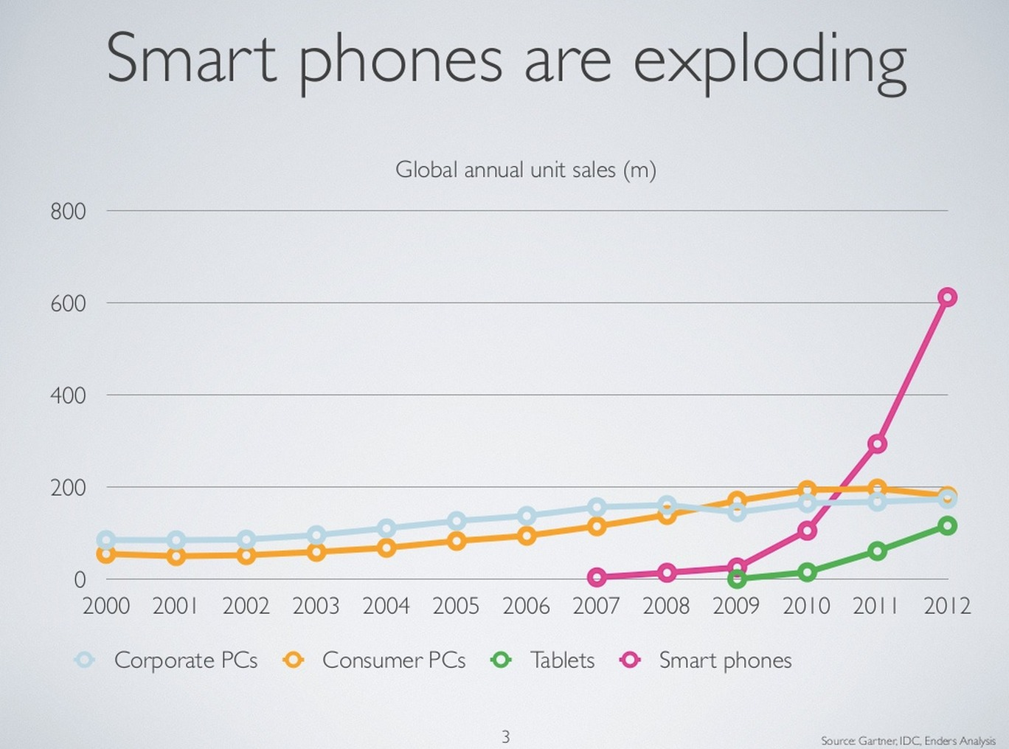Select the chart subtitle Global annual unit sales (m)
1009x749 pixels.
coord(525,170)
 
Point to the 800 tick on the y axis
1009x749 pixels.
coord(68,212)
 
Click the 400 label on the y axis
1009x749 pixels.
coord(68,396)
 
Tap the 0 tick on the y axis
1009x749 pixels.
coord(80,580)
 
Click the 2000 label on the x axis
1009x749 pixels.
coord(106,606)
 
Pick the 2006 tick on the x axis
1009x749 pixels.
coord(526,606)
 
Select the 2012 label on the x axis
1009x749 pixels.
coord(947,606)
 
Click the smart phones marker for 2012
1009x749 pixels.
coord(947,297)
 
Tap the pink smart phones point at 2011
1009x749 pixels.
coord(877,443)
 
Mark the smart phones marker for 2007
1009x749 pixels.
coord(597,577)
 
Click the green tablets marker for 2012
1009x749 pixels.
coord(947,525)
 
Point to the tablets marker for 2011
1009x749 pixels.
coord(877,550)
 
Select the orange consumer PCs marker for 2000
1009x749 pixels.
coord(106,554)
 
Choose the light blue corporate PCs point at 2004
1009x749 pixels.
coord(386,528)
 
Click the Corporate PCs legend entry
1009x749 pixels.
coord(167,660)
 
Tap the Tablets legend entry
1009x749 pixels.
coord(544,660)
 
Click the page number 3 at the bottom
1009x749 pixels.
coord(505,736)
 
